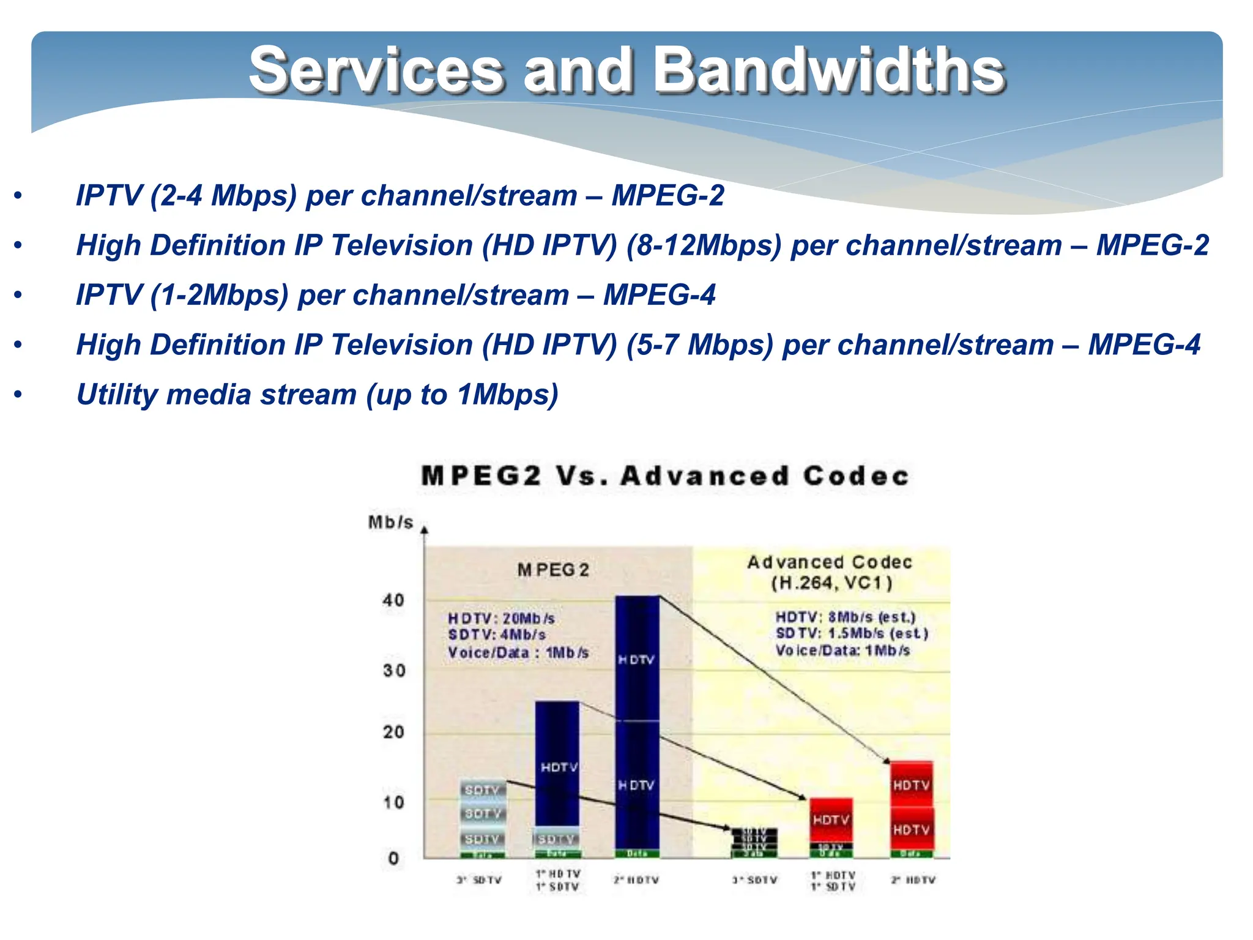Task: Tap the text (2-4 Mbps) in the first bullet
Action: (223, 196)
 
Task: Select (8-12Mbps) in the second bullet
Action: (704, 245)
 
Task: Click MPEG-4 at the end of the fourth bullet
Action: (1143, 345)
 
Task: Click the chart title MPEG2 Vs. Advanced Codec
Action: (665, 476)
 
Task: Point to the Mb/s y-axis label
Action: (390, 523)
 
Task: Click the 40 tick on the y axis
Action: (393, 600)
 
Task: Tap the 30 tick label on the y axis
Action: (394, 671)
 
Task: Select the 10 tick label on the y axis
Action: (393, 802)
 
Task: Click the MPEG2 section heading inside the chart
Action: (552, 570)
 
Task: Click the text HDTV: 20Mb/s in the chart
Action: (501, 618)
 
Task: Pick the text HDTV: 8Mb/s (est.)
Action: (846, 617)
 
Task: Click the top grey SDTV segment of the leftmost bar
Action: (483, 789)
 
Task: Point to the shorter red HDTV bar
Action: (831, 820)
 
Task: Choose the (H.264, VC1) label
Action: (831, 583)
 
